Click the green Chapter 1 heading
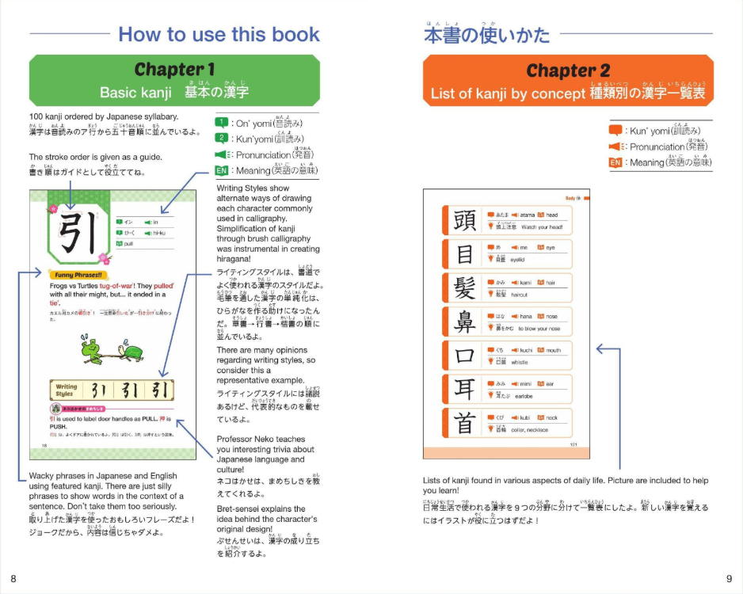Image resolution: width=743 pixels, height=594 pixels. coord(173,70)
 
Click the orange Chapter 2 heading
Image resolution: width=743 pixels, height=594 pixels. coord(567,70)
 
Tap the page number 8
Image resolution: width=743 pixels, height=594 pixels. coord(13,578)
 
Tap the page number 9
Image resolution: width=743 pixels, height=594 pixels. coord(729,578)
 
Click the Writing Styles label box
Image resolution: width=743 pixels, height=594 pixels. coord(65,390)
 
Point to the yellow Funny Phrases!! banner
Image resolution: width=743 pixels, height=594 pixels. coord(76,274)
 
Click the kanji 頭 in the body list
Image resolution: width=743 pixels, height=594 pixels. coord(464,221)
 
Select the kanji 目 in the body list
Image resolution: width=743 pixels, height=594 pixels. coord(464,254)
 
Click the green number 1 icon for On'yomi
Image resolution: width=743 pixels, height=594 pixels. coord(223,123)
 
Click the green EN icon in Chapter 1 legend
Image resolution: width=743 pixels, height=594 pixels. coord(223,170)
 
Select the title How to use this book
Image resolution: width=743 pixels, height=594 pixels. coord(219,34)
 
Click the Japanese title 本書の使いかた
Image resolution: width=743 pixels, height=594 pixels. coord(486,35)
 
